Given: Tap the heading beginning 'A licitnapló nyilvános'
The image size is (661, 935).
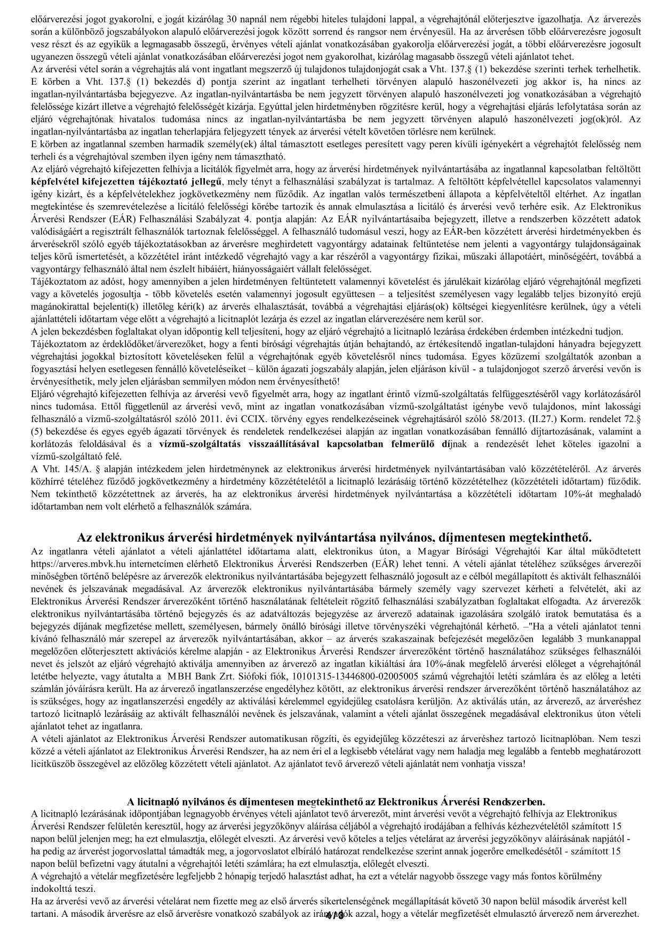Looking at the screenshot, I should click(336, 801).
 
